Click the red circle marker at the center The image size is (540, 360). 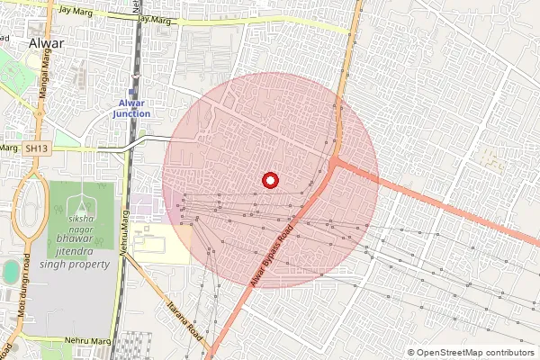[x=269, y=180]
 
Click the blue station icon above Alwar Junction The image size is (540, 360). [x=132, y=92]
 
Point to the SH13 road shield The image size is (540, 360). [x=35, y=148]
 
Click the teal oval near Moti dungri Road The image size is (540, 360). [x=10, y=271]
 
